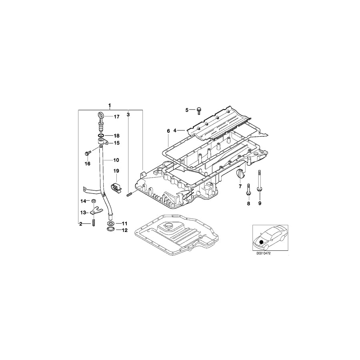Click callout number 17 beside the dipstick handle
coord(116,117)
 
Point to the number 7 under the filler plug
coord(240,186)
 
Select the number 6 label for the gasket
coord(168,131)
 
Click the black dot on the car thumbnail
coord(262,242)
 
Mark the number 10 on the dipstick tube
coord(116,160)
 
